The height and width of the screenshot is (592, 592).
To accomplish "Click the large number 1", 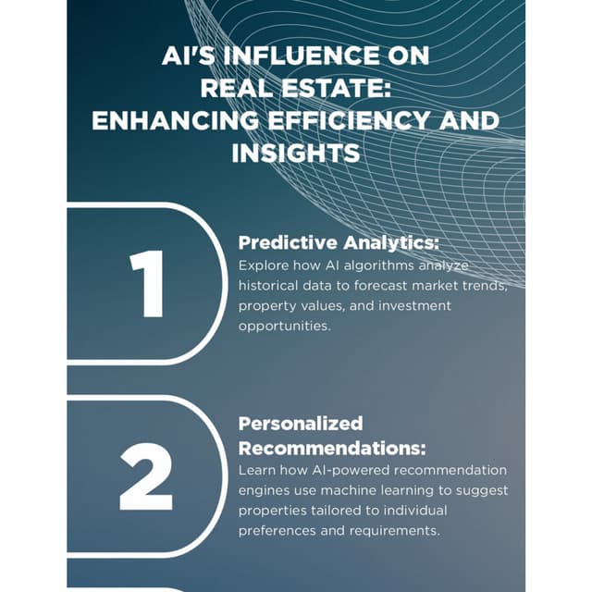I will [x=147, y=284].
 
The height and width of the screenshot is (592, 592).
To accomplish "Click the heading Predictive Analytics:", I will [x=339, y=243].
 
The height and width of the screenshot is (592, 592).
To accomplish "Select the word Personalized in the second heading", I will [x=301, y=424].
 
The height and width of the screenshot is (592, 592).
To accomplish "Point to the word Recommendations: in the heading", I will [x=332, y=449].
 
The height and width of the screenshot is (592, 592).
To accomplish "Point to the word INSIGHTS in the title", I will [x=296, y=153].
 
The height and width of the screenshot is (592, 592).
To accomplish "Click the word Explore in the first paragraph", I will [x=263, y=265].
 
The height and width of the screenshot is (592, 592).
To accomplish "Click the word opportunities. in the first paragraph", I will [x=284, y=326].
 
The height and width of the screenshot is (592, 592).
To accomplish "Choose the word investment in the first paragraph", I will [x=408, y=305].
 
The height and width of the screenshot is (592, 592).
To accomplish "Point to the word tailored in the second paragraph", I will [x=346, y=511].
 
